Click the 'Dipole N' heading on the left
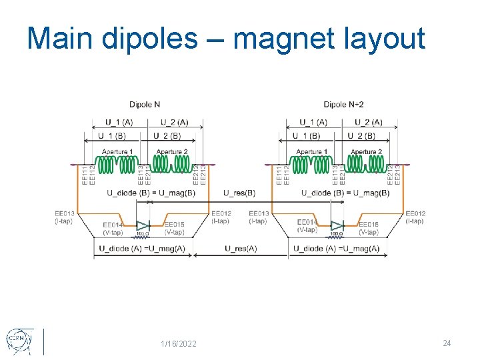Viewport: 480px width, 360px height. pyautogui.click(x=145, y=105)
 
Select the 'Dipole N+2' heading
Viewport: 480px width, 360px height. pyautogui.click(x=344, y=105)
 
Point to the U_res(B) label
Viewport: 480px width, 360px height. pyautogui.click(x=239, y=193)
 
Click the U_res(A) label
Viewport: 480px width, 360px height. pyautogui.click(x=241, y=249)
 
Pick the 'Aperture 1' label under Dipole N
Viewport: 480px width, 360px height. pyautogui.click(x=117, y=152)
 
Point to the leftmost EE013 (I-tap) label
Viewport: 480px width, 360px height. pyautogui.click(x=65, y=217)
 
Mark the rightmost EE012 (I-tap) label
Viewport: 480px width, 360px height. pyautogui.click(x=415, y=217)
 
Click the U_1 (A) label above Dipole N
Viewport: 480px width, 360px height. pyautogui.click(x=119, y=122)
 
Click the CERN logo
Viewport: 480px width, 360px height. pyautogui.click(x=17, y=341)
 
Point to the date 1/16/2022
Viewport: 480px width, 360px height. pyautogui.click(x=179, y=343)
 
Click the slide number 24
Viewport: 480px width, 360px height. pyautogui.click(x=447, y=343)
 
